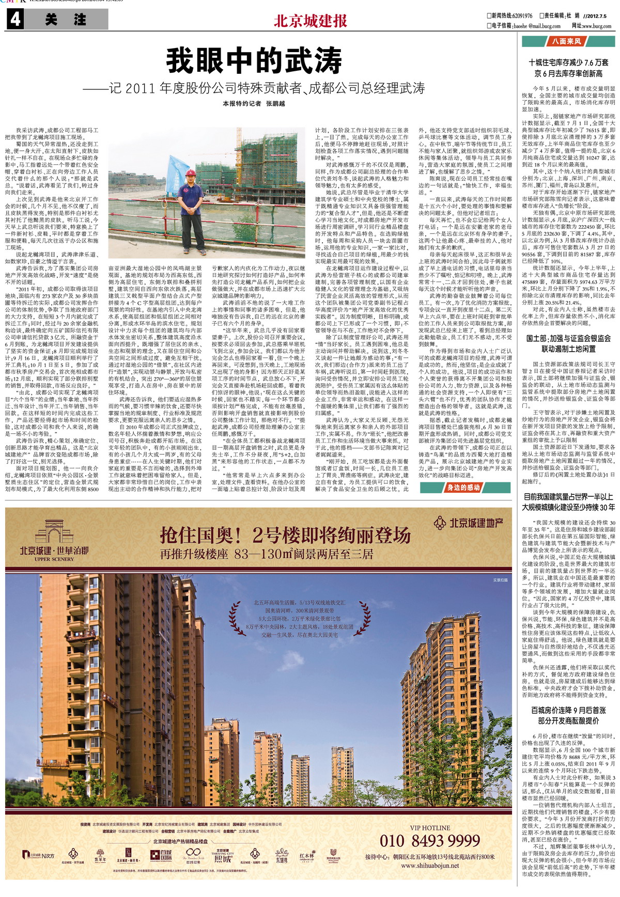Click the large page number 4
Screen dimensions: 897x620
[16, 20]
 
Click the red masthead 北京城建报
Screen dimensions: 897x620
[310, 21]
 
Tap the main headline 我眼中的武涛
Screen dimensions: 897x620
[254, 61]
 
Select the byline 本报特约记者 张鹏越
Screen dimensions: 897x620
[254, 104]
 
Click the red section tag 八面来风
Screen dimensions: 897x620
[567, 41]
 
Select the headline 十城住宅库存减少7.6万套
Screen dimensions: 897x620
[568, 62]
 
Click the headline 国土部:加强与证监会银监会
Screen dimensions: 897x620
[568, 338]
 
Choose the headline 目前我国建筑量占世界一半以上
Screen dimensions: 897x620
[568, 497]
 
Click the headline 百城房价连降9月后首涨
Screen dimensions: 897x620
[568, 711]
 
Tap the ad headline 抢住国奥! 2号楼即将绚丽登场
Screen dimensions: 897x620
[285, 535]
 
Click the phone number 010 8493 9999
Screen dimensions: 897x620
[430, 841]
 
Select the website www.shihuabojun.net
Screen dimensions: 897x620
[430, 866]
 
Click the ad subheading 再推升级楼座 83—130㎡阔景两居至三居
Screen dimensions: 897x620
[267, 554]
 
